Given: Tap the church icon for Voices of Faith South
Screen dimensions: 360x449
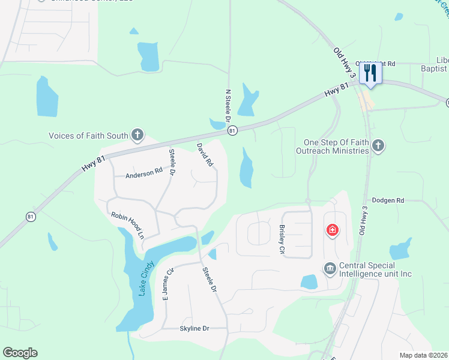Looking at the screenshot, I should click(137, 134).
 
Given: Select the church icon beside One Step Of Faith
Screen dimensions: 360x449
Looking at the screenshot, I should click(378, 145).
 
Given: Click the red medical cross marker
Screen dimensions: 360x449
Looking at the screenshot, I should click(331, 230).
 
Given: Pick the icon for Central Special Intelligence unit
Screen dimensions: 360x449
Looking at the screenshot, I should click(329, 268).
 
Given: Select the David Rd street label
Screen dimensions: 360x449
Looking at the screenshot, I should click(205, 154).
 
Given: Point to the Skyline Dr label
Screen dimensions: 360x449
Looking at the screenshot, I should click(194, 328).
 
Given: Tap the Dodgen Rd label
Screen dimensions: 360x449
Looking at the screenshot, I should click(388, 200).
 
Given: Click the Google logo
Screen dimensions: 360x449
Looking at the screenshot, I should click(20, 353).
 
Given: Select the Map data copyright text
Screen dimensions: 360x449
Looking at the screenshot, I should click(424, 355).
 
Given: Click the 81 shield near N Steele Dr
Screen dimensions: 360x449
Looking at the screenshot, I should click(232, 130).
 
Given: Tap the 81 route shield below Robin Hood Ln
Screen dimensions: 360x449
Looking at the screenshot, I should click(30, 217).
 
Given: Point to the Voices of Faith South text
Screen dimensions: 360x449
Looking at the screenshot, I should click(88, 136).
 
